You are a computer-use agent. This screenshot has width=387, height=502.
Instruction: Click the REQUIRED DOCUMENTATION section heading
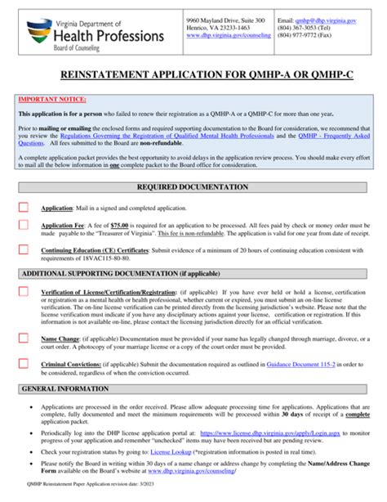(193, 187)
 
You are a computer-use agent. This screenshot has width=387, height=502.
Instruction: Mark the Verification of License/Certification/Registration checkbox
(24, 292)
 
